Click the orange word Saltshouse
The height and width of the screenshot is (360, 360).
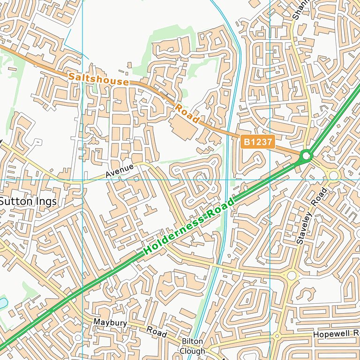click(98, 79)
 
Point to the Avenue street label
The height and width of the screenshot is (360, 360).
click(120, 170)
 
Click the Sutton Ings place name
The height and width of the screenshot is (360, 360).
click(28, 202)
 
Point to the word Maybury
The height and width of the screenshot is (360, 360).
click(110, 322)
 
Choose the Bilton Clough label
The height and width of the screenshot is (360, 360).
click(193, 346)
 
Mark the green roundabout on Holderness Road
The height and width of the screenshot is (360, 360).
click(307, 155)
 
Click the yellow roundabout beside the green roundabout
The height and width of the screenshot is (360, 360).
click(333, 176)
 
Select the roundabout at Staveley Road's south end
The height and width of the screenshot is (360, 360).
click(292, 276)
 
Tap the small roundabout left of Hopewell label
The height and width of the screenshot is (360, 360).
click(277, 336)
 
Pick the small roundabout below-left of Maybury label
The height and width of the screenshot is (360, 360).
click(78, 337)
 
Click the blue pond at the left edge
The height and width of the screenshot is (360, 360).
click(2, 303)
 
